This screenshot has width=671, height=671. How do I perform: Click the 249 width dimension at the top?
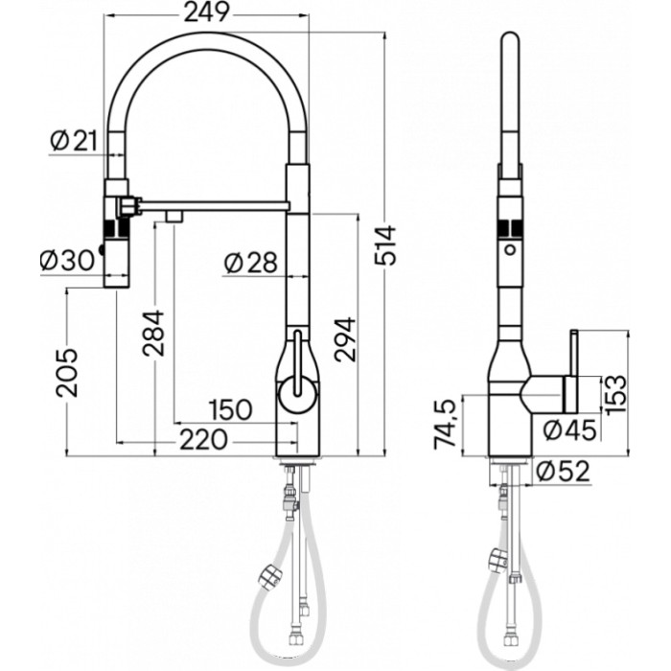208,12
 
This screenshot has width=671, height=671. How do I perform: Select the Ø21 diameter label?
74,141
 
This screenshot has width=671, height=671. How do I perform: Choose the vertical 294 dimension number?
345,338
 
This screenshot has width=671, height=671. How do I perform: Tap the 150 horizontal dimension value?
230,408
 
